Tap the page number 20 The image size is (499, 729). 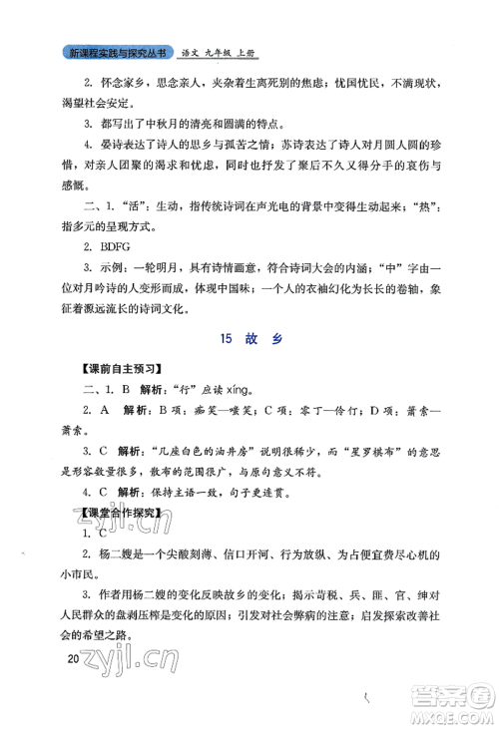pyautogui.click(x=70, y=659)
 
